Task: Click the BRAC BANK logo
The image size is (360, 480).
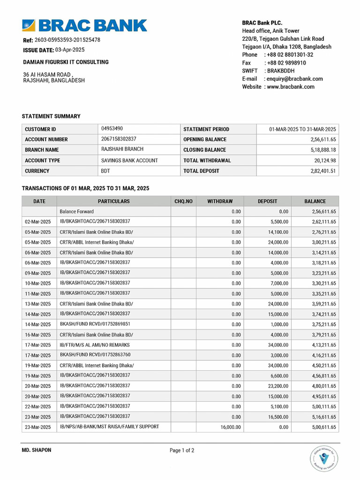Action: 84,25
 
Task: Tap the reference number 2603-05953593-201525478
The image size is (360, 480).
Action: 67,40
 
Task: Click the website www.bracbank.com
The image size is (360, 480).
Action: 291,87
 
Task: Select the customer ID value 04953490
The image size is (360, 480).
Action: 112,128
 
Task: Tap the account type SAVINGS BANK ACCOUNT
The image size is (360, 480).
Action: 129,160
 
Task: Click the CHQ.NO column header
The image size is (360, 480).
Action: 183,201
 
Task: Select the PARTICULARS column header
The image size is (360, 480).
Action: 114,201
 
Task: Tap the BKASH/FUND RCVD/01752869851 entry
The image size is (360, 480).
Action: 95,324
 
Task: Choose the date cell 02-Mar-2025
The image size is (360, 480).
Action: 38,222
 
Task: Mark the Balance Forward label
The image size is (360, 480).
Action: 76,211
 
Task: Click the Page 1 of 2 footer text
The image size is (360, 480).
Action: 182,450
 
